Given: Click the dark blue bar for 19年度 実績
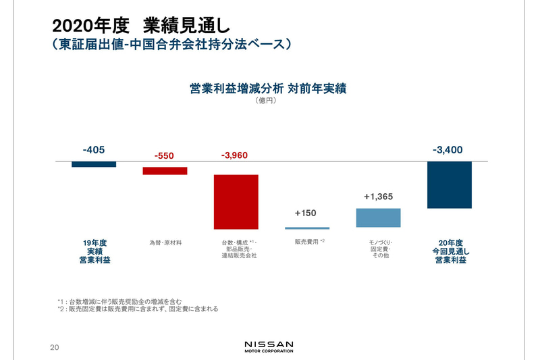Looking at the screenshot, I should click(94, 164).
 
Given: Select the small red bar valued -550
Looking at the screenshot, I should click(165, 171).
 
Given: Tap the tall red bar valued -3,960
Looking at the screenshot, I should click(236, 202).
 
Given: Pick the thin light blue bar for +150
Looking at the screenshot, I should click(306, 228).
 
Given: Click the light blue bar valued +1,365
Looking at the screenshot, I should click(378, 217).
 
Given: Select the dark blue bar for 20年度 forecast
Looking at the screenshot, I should click(450, 185).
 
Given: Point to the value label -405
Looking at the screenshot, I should click(94, 150).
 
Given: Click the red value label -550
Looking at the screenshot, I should click(164, 156).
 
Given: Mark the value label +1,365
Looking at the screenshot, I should click(378, 197).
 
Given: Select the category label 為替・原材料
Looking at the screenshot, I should click(165, 242).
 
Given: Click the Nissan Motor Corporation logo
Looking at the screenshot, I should click(269, 346).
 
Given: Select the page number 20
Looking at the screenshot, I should click(55, 347).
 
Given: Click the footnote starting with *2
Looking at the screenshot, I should click(138, 309).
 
